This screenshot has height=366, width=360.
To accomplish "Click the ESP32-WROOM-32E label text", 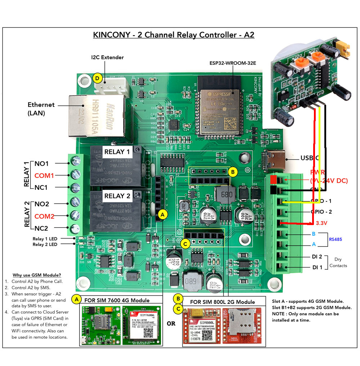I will (x=233, y=63).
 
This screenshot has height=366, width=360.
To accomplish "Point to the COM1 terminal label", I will (x=44, y=176).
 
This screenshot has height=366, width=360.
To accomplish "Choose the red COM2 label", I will (x=44, y=216).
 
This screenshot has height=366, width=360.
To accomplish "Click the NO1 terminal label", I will (x=42, y=164).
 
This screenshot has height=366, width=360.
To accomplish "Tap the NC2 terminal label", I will (x=42, y=228).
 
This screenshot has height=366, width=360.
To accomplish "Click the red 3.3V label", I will (x=321, y=223).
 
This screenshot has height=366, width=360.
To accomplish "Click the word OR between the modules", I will (x=171, y=324).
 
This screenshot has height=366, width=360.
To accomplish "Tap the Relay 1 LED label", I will (x=45, y=239).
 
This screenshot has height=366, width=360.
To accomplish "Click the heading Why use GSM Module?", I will (x=37, y=275).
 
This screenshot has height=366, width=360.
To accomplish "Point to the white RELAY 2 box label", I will (x=117, y=196).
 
